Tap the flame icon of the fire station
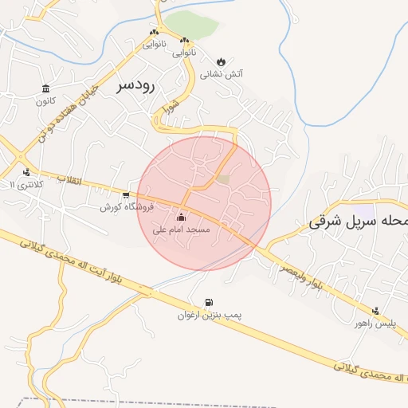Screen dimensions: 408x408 [x=221, y=61]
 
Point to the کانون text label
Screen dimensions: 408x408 [x=45, y=101]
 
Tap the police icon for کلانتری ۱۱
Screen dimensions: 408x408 [x=27, y=172]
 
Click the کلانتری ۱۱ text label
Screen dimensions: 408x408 [x=23, y=184]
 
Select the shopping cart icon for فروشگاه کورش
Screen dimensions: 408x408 [x=126, y=194]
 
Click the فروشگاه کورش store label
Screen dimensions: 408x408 [x=116, y=206]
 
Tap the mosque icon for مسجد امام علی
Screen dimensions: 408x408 [x=181, y=217]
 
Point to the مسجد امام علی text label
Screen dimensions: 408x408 [x=181, y=229]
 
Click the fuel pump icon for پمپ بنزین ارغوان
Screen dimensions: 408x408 [x=209, y=302]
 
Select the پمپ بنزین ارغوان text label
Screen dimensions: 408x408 [x=210, y=316]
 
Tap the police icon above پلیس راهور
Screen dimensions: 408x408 [x=375, y=311]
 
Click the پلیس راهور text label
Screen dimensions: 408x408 [x=374, y=324]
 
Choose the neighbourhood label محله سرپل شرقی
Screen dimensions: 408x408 [x=358, y=222]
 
